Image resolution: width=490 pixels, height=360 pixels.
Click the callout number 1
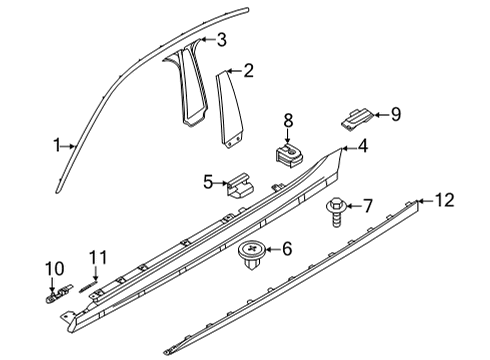[57, 146]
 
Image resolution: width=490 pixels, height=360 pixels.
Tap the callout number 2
[248, 70]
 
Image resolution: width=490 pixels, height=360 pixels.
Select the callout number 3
[221, 40]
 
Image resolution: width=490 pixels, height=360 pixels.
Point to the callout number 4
[362, 147]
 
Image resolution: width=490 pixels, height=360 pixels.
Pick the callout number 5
[209, 182]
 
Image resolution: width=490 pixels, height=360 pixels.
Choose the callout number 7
[366, 206]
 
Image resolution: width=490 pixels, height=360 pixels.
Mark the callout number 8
[289, 120]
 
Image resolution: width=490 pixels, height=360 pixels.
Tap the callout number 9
[395, 114]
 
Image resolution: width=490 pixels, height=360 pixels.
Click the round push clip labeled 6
[250, 256]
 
